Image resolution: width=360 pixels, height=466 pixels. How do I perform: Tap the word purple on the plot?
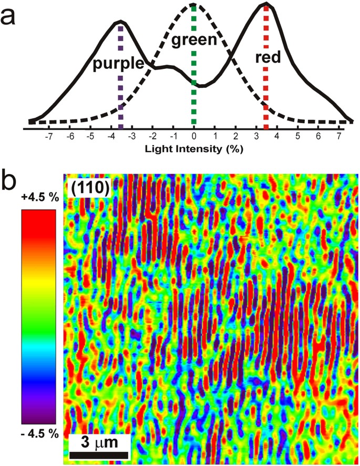(118, 64)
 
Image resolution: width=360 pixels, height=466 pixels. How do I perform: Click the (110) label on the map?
(88, 189)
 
